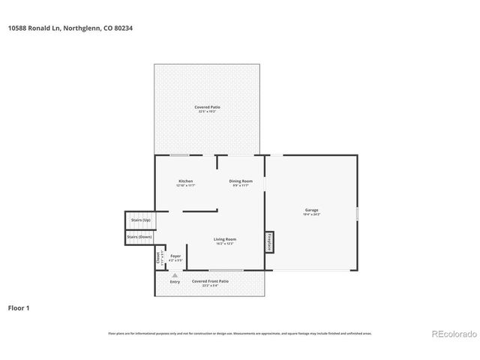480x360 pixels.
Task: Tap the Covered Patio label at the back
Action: tap(207, 107)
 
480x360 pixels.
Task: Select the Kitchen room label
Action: tap(185, 181)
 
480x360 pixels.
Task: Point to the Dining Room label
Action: tap(241, 181)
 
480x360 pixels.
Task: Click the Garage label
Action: tap(311, 210)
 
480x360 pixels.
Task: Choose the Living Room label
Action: tap(225, 239)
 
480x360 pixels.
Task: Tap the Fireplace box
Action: tap(268, 242)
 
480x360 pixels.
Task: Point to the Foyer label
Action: tap(175, 256)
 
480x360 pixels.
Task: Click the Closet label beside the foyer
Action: tap(158, 259)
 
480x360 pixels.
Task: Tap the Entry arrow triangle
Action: tap(175, 274)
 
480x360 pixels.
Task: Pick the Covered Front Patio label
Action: tap(210, 281)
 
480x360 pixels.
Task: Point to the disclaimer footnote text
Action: tap(240, 334)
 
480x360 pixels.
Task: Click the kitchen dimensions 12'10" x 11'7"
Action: tap(185, 185)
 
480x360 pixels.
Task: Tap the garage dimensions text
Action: tap(311, 214)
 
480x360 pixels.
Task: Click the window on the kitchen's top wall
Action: tap(179, 155)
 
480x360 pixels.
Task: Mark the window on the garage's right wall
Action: tap(357, 213)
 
